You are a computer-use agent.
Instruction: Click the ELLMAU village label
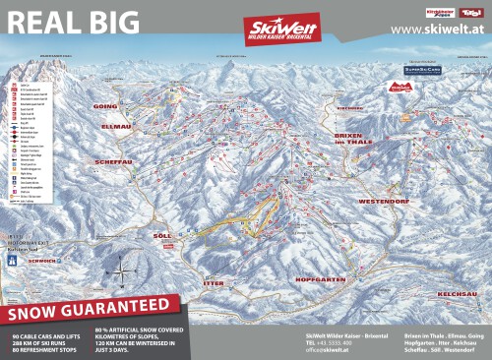(x=115, y=127)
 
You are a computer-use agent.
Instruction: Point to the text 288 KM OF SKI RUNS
(x=43, y=342)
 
